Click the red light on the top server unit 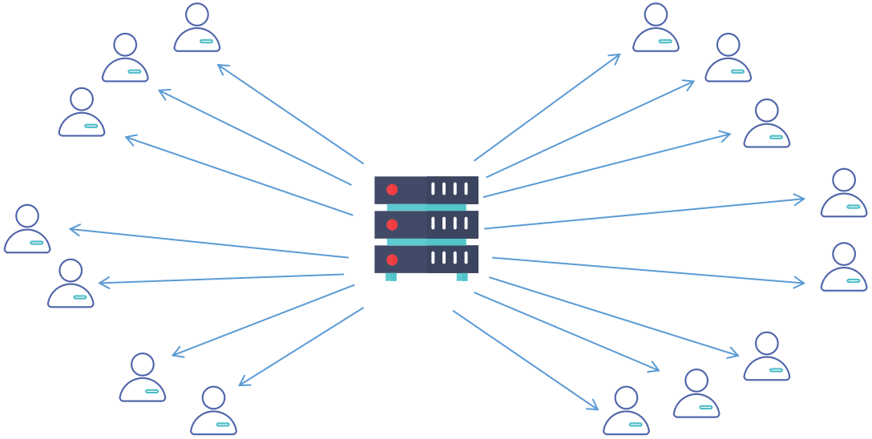tap(392, 190)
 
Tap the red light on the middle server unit tap(392, 224)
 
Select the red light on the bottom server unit tap(392, 260)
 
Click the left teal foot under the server tap(391, 277)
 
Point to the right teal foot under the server tap(462, 277)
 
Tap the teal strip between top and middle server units tap(426, 207)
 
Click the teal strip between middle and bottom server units tap(426, 242)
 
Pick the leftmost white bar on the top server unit tap(434, 189)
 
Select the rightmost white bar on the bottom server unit tap(465, 259)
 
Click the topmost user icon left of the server tap(197, 28)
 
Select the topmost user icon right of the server tap(656, 28)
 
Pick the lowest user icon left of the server tap(213, 411)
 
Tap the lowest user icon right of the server tap(626, 411)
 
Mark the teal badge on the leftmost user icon tap(37, 241)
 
